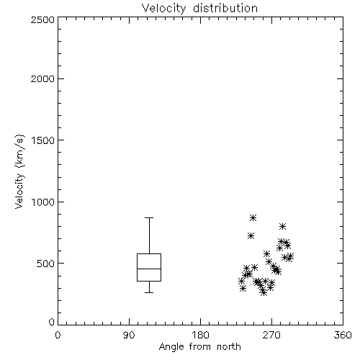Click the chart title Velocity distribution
pyautogui.click(x=199, y=8)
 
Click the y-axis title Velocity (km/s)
pyautogui.click(x=19, y=171)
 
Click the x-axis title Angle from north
pyautogui.click(x=199, y=346)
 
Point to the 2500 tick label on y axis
pyautogui.click(x=42, y=19)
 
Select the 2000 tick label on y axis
pyautogui.click(x=42, y=78)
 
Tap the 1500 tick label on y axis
pyautogui.click(x=43, y=140)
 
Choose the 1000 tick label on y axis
pyautogui.click(x=43, y=202)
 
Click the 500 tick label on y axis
pyautogui.click(x=46, y=264)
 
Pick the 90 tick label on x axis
pyautogui.click(x=129, y=335)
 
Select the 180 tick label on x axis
pyautogui.click(x=200, y=335)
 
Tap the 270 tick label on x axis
pyautogui.click(x=271, y=335)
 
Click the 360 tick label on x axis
pyautogui.click(x=343, y=335)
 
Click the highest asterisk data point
pyautogui.click(x=253, y=217)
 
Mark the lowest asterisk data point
pyautogui.click(x=264, y=292)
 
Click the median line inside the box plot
pyautogui.click(x=149, y=269)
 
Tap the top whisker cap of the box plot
pyautogui.click(x=149, y=217)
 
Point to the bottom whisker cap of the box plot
pyautogui.click(x=149, y=292)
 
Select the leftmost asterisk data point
pyautogui.click(x=241, y=281)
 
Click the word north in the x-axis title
pyautogui.click(x=228, y=346)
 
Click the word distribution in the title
pyautogui.click(x=225, y=8)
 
